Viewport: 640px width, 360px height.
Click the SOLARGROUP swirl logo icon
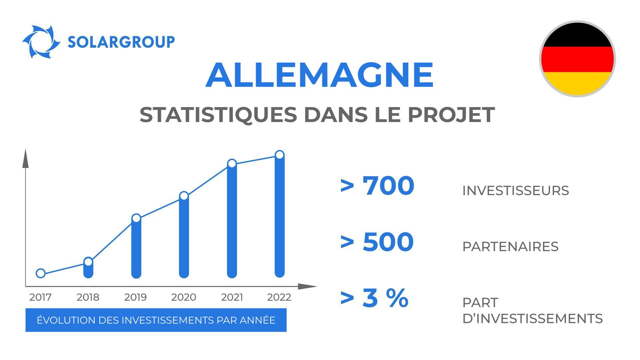pyautogui.click(x=41, y=42)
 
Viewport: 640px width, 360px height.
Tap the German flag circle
pyautogui.click(x=577, y=59)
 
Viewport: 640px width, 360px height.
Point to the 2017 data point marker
pyautogui.click(x=41, y=273)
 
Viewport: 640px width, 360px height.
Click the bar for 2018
pyautogui.click(x=88, y=270)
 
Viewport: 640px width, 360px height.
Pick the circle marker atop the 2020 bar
pyautogui.click(x=184, y=196)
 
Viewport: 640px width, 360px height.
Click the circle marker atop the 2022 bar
pyautogui.click(x=280, y=155)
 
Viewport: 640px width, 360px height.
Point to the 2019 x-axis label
pyautogui.click(x=135, y=297)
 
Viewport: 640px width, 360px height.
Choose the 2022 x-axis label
pyautogui.click(x=279, y=297)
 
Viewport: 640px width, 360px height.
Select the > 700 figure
pyautogui.click(x=377, y=186)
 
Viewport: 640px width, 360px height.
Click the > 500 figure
pyautogui.click(x=377, y=242)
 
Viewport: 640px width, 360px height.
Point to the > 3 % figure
pyautogui.click(x=374, y=298)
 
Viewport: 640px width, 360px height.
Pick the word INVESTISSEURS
pyautogui.click(x=515, y=191)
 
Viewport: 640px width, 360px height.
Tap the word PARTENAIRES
pyautogui.click(x=510, y=247)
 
